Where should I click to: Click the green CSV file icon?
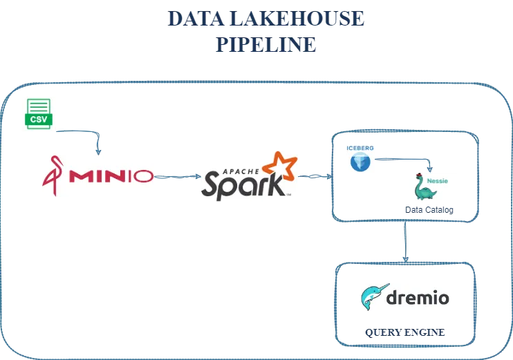pyautogui.click(x=39, y=113)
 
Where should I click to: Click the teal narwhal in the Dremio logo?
pyautogui.click(x=376, y=299)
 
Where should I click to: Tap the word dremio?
pyautogui.click(x=418, y=299)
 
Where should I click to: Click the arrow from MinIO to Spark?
pyautogui.click(x=177, y=178)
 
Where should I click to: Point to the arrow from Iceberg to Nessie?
pyautogui.click(x=404, y=161)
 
